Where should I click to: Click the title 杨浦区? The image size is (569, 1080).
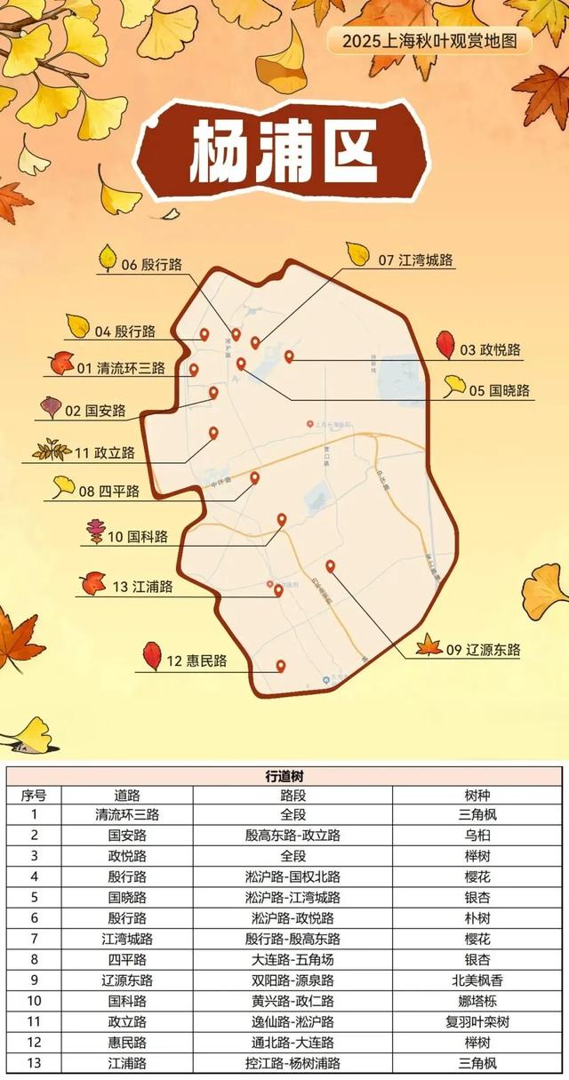tap(283, 148)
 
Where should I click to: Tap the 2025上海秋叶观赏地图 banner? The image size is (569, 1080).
tap(429, 40)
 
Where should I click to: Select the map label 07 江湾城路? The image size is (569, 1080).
tap(415, 260)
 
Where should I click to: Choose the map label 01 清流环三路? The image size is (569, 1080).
tap(121, 367)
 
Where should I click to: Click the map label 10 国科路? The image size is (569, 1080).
tap(138, 536)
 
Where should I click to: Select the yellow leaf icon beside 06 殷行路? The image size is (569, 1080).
tap(108, 258)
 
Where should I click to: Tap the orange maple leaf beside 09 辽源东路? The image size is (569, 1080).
tap(429, 644)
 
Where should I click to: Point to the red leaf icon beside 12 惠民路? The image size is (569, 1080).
tap(152, 656)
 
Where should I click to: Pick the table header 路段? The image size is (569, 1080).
tap(293, 796)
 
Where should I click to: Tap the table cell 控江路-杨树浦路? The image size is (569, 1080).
tap(293, 1062)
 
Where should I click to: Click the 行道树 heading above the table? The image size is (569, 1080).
tap(284, 776)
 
